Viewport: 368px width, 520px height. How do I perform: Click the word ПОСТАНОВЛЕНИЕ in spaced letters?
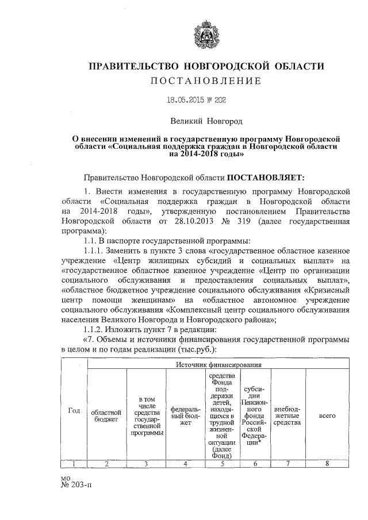coord(206,80)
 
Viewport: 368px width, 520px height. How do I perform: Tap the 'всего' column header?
coord(327,415)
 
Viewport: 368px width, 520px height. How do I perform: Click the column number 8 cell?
coord(327,463)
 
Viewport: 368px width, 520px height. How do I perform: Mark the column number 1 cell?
coord(74,463)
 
